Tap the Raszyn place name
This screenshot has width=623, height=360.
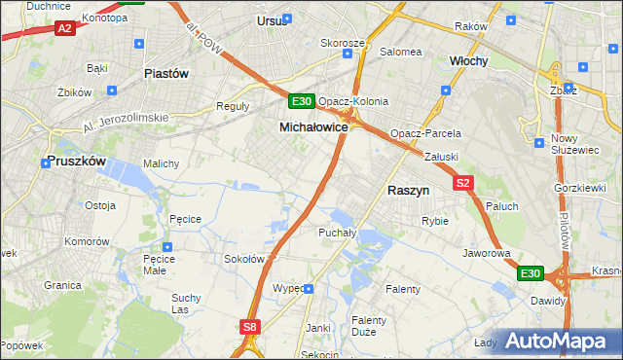(409, 192)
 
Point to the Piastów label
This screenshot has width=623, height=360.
(165, 73)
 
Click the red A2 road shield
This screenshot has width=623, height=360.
(64, 29)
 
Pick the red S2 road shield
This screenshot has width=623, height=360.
(462, 183)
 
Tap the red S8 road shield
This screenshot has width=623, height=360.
(250, 328)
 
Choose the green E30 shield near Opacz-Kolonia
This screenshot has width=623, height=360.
(301, 101)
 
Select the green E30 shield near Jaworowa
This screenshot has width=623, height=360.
(530, 274)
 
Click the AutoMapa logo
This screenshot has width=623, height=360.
(559, 341)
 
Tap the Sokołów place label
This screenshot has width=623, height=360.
(244, 259)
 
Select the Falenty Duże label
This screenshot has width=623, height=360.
(369, 326)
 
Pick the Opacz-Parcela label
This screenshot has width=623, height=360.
(424, 133)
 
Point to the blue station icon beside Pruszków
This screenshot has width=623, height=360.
(46, 163)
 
